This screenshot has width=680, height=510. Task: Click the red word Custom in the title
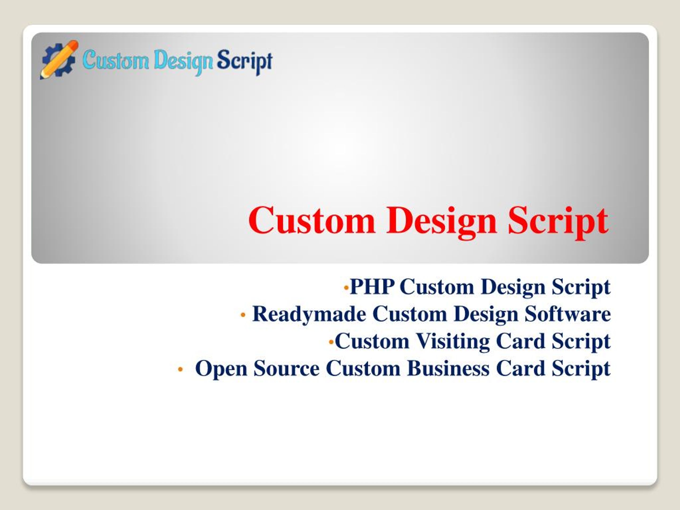(x=312, y=220)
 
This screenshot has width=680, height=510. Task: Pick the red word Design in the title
(x=441, y=222)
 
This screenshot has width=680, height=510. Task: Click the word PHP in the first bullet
(x=372, y=287)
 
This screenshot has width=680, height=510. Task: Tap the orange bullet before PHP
(x=346, y=288)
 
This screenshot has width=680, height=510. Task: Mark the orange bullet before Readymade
(x=243, y=315)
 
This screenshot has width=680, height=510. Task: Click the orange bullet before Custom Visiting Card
(x=331, y=342)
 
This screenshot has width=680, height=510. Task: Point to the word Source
(x=287, y=368)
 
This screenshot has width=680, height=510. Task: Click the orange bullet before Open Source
(x=180, y=369)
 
